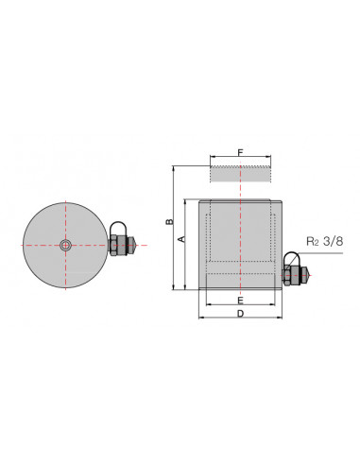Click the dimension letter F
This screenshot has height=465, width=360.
[x=240, y=153]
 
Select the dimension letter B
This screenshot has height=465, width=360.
[x=170, y=221]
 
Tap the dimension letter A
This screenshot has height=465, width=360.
[x=181, y=239]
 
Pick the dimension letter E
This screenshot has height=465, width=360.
[x=240, y=301]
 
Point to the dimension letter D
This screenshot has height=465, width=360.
[x=240, y=314]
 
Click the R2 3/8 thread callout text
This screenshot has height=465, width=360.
[x=325, y=242]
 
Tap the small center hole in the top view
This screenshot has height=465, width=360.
[x=65, y=245]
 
